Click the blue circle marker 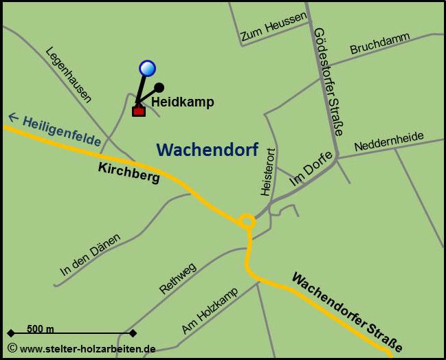pos(147,67)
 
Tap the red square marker pos(139,111)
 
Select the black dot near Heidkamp pos(159,87)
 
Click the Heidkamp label pos(183,102)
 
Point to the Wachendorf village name pos(207,149)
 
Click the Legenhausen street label pos(69,74)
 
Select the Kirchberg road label pos(129,172)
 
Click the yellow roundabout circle pos(247,222)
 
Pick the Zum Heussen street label pos(273,27)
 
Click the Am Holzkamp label pos(210,311)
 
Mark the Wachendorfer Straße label pos(346,312)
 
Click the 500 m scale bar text pos(41,329)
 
